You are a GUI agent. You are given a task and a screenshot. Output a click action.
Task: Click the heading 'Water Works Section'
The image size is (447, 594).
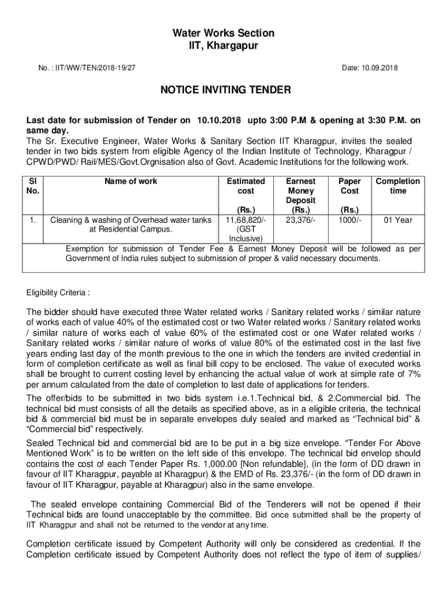223,33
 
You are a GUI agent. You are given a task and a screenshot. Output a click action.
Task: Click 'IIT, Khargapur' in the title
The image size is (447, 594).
223,46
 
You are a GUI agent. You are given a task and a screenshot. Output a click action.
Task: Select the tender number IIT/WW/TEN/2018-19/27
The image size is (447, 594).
93,68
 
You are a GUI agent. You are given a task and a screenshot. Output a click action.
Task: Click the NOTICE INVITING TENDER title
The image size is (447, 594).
223,90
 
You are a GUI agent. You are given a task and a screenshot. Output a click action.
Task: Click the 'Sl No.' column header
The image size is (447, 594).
33,186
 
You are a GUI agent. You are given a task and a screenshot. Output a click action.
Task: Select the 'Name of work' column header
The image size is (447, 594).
131,181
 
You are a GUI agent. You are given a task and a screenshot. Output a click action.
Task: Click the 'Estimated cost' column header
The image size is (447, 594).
246,186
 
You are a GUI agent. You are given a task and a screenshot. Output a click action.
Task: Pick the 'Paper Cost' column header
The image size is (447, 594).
349,186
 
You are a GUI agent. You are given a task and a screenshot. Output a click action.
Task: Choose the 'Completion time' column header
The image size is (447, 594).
398,186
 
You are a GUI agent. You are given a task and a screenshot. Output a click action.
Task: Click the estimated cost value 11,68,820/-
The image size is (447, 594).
246,220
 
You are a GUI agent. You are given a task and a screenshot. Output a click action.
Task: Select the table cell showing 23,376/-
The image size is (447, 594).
301,220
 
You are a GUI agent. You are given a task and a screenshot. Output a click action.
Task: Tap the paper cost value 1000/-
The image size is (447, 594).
349,220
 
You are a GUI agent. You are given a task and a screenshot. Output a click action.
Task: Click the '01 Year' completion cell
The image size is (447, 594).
398,220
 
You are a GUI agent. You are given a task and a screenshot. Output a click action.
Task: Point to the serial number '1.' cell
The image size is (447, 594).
33,220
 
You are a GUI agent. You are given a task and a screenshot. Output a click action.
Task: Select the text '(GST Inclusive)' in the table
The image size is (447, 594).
246,234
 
